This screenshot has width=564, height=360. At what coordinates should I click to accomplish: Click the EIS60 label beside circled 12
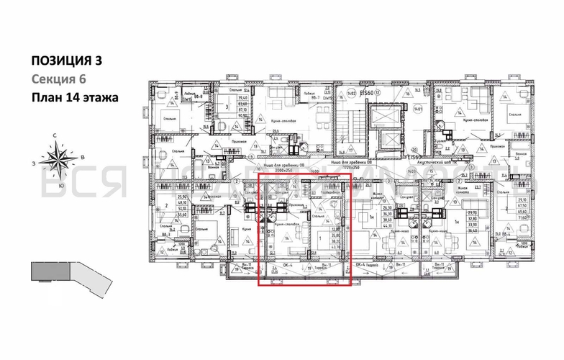tap(368, 92)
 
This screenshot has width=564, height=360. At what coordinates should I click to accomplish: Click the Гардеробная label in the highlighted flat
tap(327, 193)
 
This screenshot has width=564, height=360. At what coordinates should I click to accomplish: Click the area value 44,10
tap(387, 227)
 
